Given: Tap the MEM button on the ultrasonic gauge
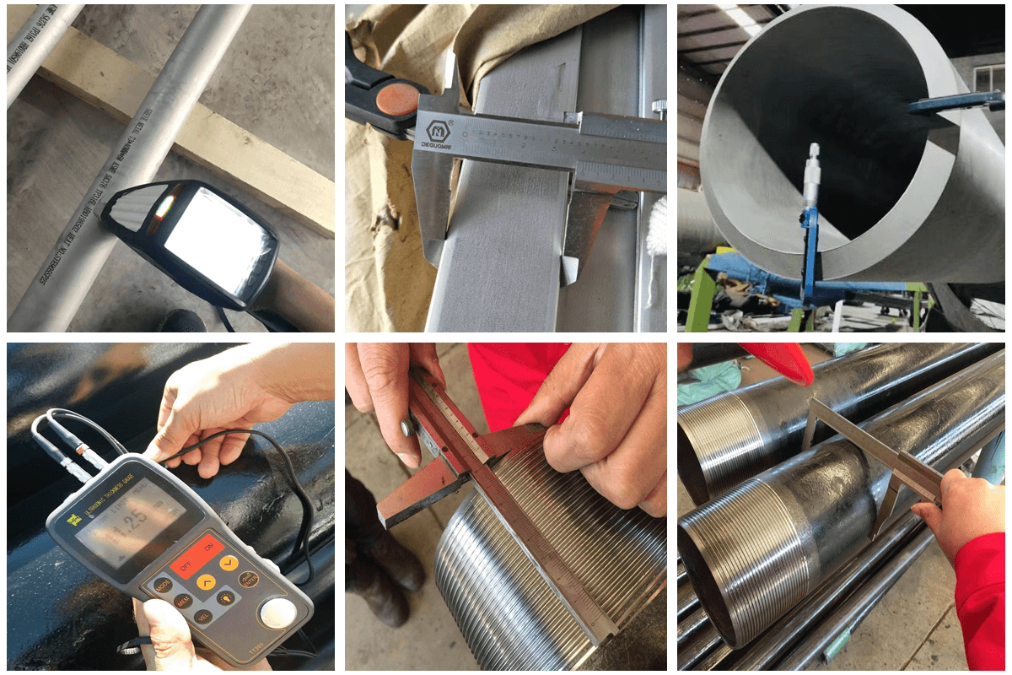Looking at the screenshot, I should tap(182, 601).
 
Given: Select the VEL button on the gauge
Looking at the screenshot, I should tap(202, 617).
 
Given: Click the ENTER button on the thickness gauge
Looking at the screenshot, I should tap(248, 579).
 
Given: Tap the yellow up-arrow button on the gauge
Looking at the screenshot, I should tap(206, 581).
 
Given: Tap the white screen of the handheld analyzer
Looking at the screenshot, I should tap(218, 238).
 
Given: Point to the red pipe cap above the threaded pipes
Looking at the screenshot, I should tap(776, 359).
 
